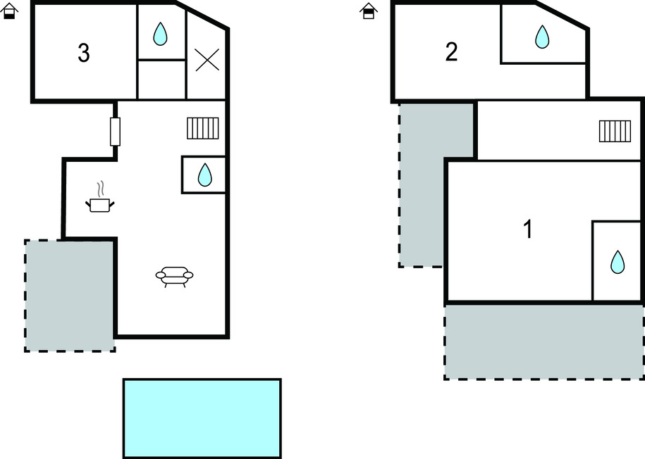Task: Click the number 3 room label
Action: (84, 54)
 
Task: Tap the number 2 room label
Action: (452, 51)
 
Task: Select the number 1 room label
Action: (527, 229)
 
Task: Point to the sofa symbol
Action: (174, 277)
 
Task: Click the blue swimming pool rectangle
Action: (202, 418)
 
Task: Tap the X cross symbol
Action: (207, 60)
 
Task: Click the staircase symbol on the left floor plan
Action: (204, 128)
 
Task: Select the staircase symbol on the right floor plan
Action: (615, 131)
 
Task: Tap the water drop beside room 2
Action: (541, 37)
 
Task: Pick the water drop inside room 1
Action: (618, 262)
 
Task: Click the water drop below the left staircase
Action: (204, 175)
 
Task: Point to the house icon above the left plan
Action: (9, 11)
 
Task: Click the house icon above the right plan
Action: (368, 11)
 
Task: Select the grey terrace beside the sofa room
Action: (69, 296)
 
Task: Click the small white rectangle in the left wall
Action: (116, 132)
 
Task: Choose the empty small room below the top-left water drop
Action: (161, 80)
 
